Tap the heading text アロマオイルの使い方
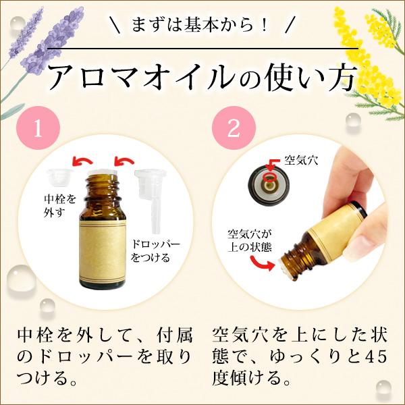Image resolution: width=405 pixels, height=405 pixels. [202, 77]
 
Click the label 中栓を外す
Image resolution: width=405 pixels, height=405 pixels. [56, 205]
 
